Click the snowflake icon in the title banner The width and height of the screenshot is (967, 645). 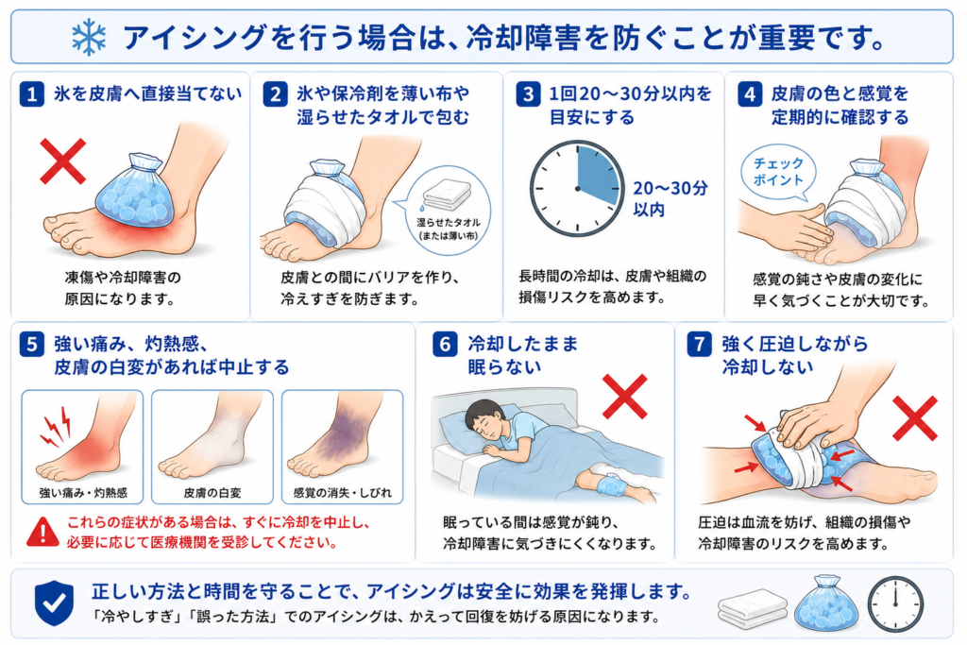89,37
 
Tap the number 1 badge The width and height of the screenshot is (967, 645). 31,94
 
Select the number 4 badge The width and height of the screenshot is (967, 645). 749,94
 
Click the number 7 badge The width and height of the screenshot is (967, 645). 700,344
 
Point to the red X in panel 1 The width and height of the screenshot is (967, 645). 63,161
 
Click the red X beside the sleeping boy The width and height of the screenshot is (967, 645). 625,397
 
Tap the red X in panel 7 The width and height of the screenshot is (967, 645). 914,418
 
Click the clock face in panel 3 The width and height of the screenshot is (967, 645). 577,189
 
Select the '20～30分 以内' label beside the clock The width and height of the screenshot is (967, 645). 670,198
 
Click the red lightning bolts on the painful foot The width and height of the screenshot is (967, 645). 56,426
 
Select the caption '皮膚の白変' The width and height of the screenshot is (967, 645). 212,493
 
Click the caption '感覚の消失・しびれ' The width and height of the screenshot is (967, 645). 342,493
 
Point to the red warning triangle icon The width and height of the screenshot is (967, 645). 42,533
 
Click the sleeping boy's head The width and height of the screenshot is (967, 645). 484,417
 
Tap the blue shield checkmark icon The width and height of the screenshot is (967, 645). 54,603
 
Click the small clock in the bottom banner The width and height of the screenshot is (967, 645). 895,604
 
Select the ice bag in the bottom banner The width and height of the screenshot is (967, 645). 827,603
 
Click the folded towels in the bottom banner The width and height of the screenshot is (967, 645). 753,608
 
